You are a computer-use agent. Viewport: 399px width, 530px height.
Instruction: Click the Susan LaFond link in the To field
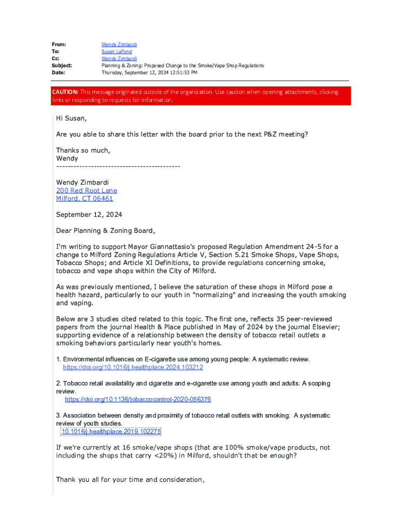point(117,52)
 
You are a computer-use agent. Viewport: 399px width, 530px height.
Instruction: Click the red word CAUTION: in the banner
point(65,92)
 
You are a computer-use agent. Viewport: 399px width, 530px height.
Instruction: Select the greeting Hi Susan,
point(72,119)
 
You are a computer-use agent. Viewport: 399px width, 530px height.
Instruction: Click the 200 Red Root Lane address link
point(87,190)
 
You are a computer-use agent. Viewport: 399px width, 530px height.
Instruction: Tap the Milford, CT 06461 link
point(84,198)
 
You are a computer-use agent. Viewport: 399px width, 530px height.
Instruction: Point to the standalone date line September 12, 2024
point(89,214)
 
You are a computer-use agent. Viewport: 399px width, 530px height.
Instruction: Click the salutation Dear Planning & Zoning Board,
point(105,230)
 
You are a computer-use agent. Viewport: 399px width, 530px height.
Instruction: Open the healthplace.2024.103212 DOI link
point(133,367)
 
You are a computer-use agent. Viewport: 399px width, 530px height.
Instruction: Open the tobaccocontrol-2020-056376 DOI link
point(138,400)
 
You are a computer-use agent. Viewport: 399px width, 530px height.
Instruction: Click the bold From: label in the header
point(59,45)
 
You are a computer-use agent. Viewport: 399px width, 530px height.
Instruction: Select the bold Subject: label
point(62,66)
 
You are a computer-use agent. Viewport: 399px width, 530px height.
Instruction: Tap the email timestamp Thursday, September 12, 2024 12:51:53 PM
point(149,73)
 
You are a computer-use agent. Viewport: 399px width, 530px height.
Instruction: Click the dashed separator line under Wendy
point(118,166)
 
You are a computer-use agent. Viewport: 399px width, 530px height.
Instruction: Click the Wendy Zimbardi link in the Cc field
point(119,59)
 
